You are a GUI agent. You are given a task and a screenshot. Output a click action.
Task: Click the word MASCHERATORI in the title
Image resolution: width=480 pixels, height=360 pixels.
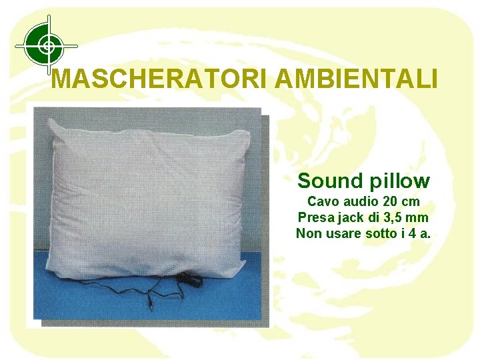(x=160, y=79)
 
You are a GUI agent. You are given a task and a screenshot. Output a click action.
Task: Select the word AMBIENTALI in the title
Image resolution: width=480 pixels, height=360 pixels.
(x=356, y=79)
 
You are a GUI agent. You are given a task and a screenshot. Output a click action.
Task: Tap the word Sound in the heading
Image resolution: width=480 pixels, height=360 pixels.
(x=327, y=181)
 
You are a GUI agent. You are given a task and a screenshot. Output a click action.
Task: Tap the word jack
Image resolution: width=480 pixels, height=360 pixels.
(x=347, y=218)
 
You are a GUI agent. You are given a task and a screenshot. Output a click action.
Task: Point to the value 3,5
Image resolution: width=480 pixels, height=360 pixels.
(x=393, y=217)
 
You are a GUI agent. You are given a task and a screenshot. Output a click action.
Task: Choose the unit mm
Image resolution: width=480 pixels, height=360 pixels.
(x=418, y=217)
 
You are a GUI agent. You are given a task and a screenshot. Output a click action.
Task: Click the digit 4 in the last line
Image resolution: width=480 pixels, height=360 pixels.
(x=411, y=233)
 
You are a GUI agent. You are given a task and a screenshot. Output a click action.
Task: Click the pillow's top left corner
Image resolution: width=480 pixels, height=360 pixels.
(x=51, y=119)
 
